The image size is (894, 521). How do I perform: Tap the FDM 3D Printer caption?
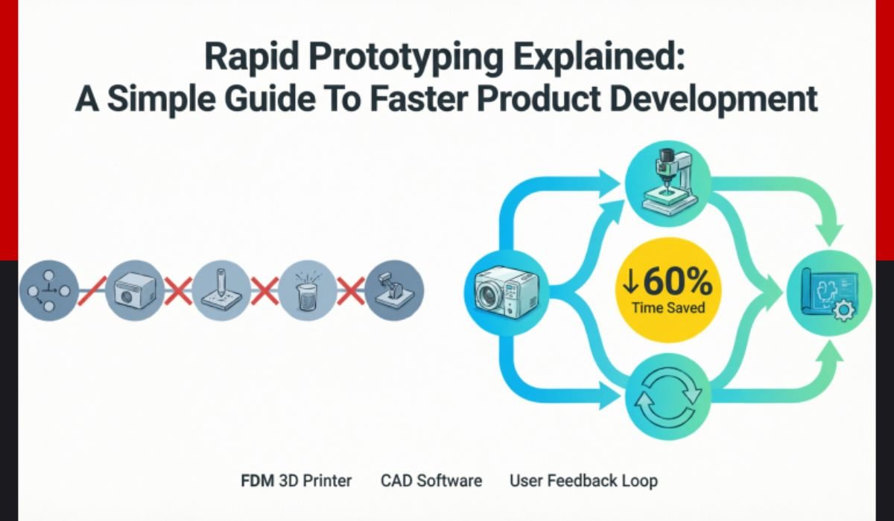297,481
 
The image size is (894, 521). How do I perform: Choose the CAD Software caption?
431,481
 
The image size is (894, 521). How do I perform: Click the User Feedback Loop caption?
583,481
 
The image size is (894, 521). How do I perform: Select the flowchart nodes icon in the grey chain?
48,290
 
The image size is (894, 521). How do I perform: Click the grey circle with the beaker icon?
308,290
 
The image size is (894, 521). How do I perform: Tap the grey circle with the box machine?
133,290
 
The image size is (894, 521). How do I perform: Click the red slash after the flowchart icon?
90,290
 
